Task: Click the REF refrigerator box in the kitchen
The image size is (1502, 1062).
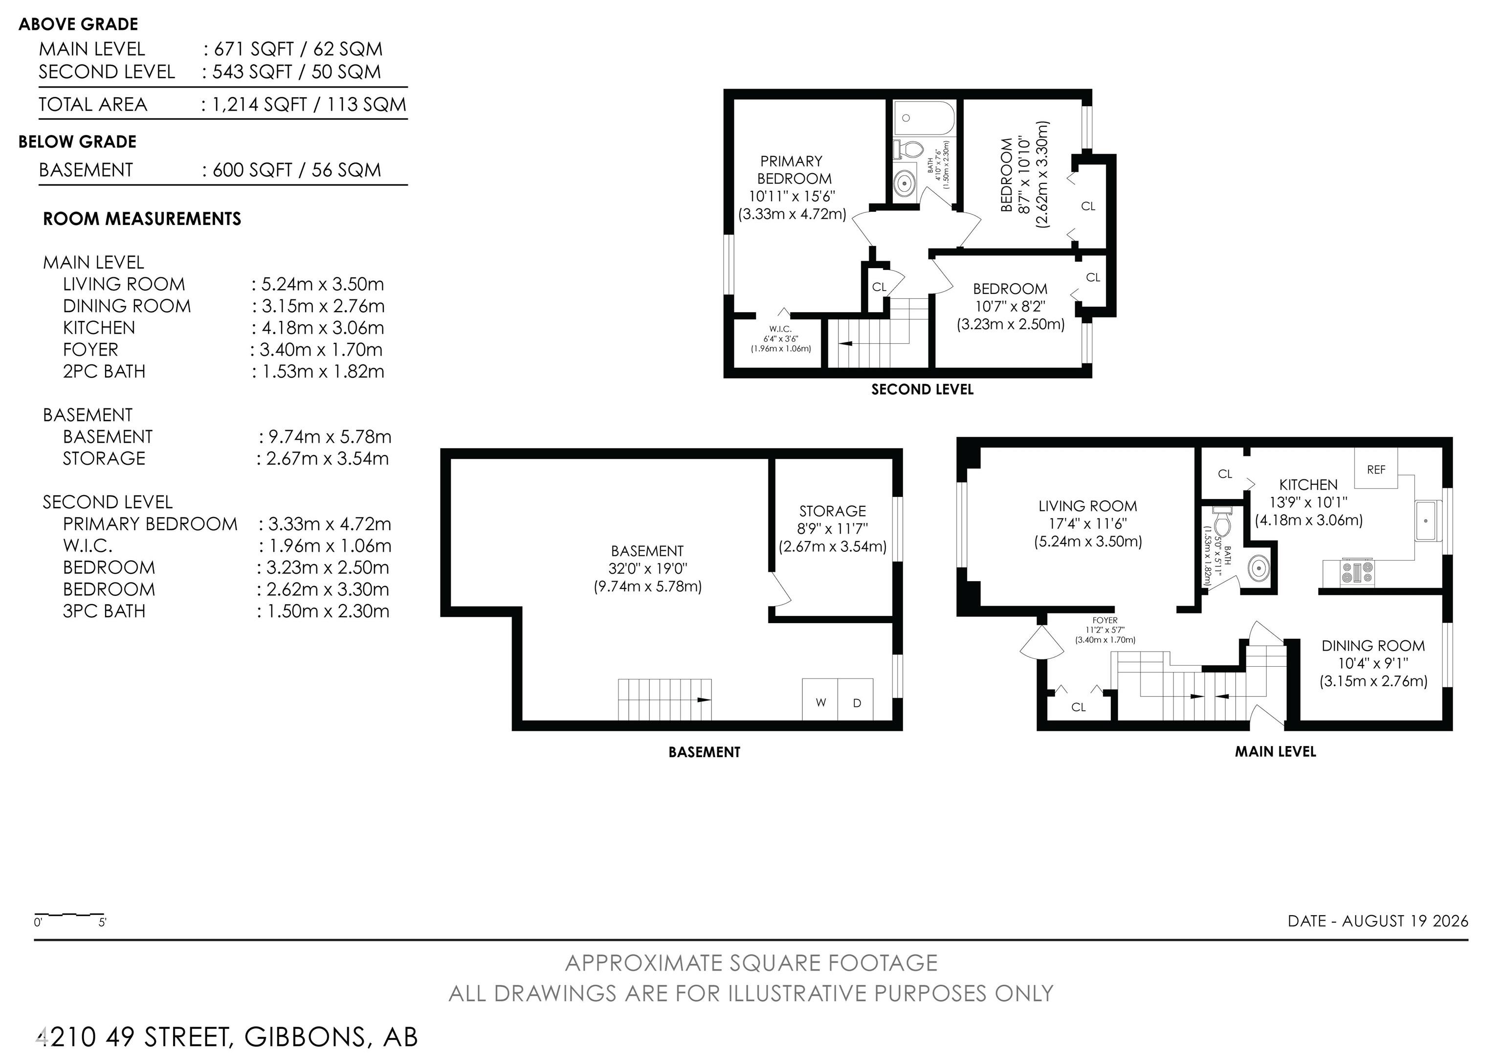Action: (x=1376, y=469)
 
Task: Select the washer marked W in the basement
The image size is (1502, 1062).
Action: (x=820, y=700)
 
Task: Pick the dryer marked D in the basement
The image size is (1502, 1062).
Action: (x=856, y=700)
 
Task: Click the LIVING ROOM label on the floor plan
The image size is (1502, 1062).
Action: (x=1088, y=506)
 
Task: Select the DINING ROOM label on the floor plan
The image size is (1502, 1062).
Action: (x=1373, y=646)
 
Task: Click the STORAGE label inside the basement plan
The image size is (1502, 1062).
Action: (x=832, y=511)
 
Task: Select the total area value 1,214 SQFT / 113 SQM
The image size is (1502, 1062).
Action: (x=309, y=105)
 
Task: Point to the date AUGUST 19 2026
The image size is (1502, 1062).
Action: (x=1405, y=921)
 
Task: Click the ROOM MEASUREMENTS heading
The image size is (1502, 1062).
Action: (x=142, y=219)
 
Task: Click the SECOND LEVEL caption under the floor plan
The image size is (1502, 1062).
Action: (x=923, y=389)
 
